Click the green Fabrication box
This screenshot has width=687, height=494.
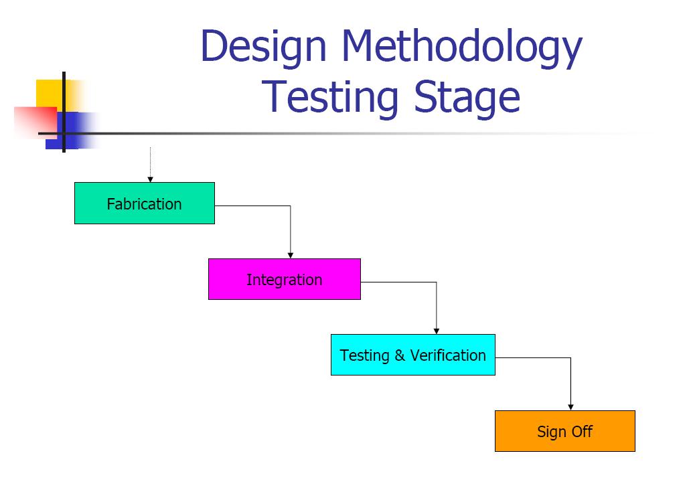point(144,203)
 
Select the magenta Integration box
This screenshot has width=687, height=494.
point(284,279)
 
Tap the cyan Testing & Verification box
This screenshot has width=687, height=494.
point(412,355)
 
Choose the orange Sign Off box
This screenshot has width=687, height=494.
point(564,431)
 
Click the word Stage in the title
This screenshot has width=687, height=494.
point(467,98)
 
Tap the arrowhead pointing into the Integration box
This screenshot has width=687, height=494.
point(290,254)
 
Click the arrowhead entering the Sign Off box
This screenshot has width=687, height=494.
point(570,406)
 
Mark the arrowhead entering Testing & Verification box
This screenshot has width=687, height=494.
point(437,330)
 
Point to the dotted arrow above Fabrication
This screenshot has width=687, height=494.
point(150,164)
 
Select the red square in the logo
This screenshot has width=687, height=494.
point(33,120)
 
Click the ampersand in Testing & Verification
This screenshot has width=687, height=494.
point(400,355)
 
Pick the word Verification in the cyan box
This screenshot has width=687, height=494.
point(448,355)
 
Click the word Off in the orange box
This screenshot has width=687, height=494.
point(582,432)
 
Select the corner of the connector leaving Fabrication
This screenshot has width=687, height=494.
point(290,206)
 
